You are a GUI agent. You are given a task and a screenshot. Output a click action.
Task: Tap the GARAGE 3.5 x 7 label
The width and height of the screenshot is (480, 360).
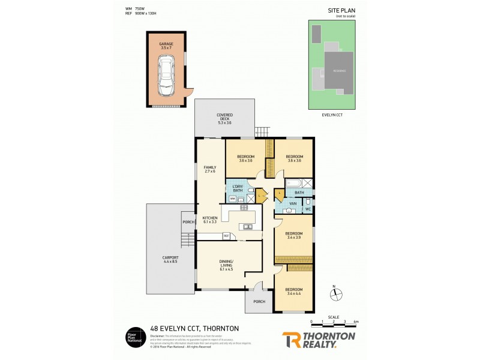tap(166, 46)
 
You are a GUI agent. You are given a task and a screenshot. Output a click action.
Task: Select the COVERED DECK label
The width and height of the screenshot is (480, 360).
tap(224, 118)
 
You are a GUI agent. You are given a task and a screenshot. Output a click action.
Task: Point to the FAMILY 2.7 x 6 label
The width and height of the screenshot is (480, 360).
tap(209, 170)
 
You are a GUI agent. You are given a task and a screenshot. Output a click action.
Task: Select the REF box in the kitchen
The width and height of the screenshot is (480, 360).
tap(226, 235)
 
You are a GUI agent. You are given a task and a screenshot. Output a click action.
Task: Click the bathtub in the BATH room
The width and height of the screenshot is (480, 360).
tap(294, 184)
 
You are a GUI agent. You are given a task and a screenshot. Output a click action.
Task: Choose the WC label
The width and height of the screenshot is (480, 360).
tap(307, 208)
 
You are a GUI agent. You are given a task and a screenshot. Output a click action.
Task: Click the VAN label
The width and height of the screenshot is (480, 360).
tap(293, 204)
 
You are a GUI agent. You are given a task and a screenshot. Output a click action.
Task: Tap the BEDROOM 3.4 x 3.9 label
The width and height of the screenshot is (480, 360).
tap(293, 235)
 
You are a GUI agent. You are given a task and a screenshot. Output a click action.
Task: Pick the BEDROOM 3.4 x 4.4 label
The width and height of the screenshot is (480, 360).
tap(293, 292)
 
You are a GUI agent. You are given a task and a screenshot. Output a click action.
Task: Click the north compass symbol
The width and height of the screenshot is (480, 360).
tap(337, 294)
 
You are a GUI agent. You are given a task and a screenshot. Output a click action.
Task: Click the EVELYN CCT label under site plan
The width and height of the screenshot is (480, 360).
tap(332, 113)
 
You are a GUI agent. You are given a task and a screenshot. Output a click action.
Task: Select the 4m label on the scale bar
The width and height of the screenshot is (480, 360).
tap(356, 322)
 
